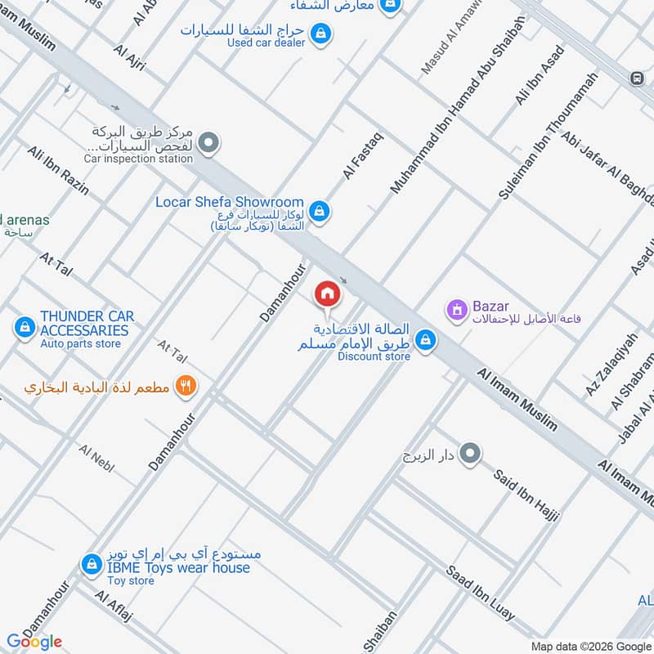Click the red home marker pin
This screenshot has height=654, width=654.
tap(327, 293)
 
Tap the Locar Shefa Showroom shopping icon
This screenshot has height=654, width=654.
tap(320, 211)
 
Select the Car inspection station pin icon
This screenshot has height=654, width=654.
tap(209, 145)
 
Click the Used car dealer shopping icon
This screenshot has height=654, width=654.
tap(321, 33)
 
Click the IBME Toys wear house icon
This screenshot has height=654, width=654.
tap(91, 564)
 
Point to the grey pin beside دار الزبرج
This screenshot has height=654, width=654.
tap(470, 454)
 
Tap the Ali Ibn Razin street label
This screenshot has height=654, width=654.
tap(58, 171)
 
